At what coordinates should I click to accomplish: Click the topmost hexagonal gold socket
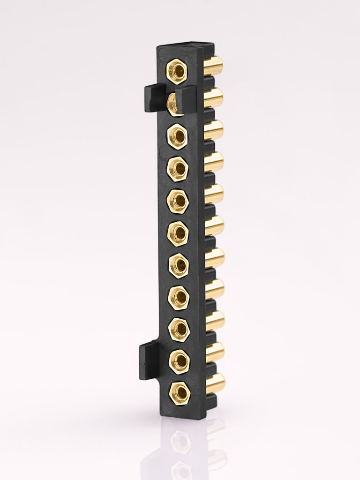point(178,72)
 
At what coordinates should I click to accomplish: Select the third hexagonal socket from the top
point(178,135)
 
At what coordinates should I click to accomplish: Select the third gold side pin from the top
point(214,130)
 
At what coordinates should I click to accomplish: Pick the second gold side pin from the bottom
point(215,352)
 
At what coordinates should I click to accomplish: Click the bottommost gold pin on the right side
point(215,383)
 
